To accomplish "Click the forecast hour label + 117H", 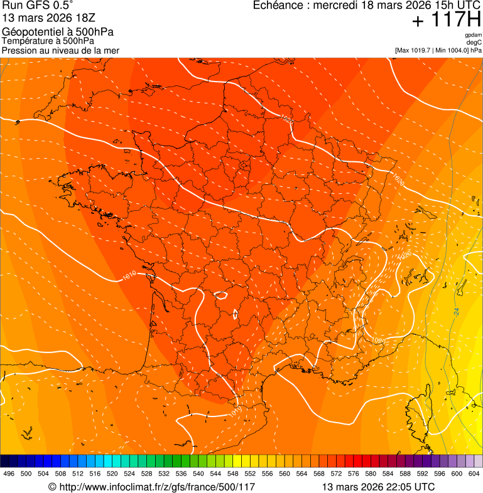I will [446, 20].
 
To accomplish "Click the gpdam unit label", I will [473, 35].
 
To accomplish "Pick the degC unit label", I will [474, 42].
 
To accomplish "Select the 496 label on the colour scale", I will [9, 474].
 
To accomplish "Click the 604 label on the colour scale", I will [474, 474].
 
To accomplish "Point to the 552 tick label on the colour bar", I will [250, 474].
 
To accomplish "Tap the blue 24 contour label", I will [456, 311].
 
